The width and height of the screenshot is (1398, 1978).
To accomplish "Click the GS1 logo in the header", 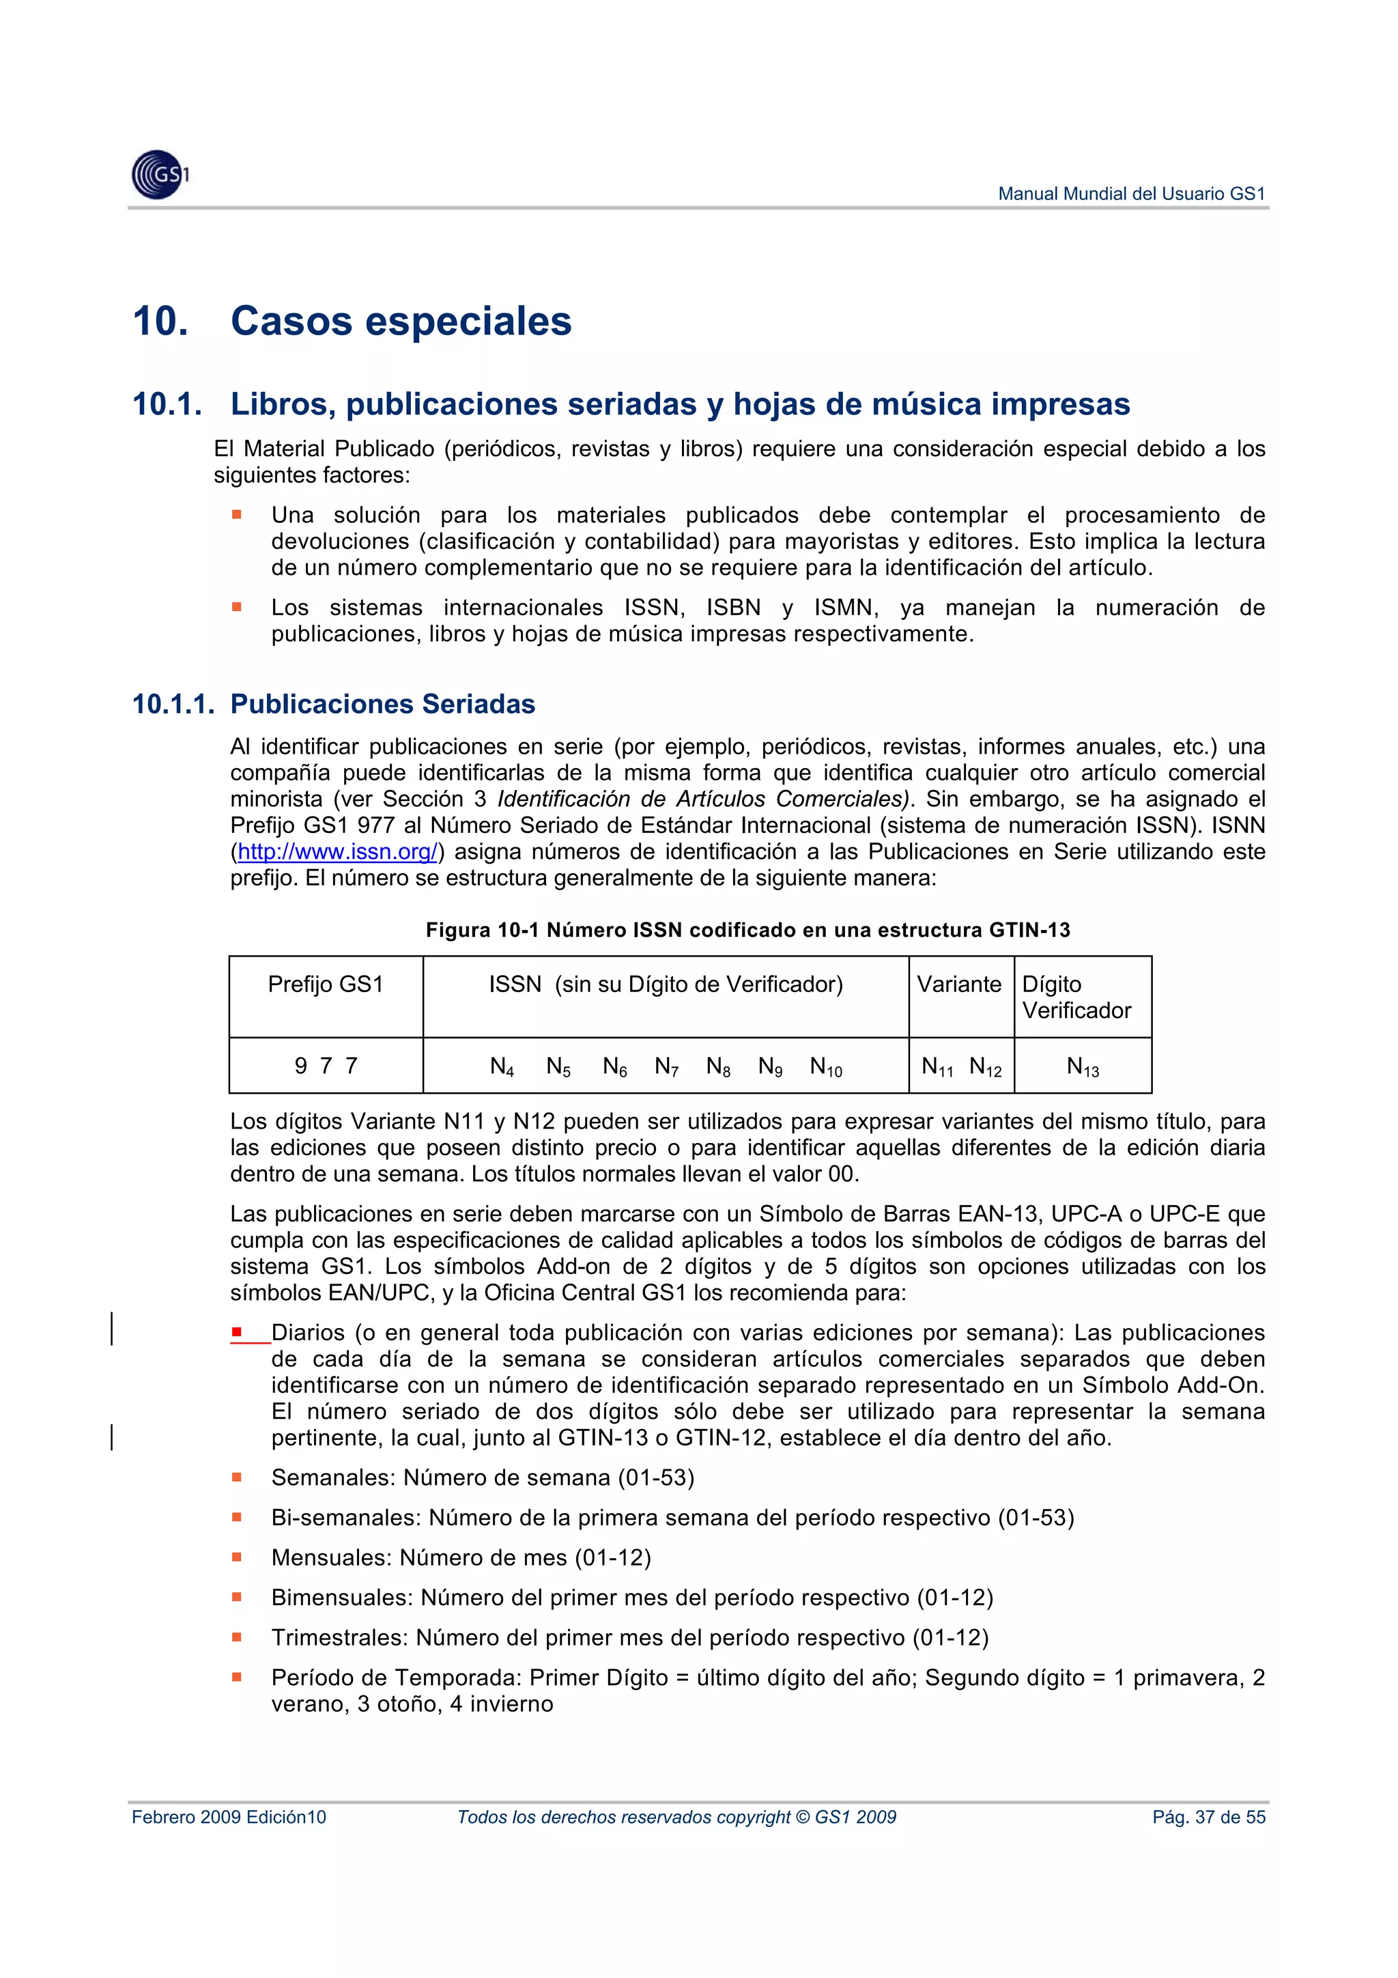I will coord(159,175).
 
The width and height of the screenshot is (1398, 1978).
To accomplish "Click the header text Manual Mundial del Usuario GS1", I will coord(1130,194).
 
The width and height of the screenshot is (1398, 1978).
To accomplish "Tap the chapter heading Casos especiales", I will coord(401,322).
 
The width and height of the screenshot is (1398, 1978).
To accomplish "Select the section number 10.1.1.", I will coord(172,704).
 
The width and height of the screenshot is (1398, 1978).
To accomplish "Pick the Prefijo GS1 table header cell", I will coord(326,984).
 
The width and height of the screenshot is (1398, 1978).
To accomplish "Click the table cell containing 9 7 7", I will coord(326,1066).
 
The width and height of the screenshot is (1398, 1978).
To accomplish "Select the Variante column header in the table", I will coord(958,984).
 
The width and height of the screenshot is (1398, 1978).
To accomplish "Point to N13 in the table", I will coord(1082,1066).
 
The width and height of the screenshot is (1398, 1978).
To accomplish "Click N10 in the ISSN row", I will coord(825,1066).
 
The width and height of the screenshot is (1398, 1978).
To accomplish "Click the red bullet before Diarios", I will coord(236,1332).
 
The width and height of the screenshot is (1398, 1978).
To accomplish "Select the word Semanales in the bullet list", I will coord(332,1478).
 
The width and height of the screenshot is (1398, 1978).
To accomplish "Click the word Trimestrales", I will coord(339,1638).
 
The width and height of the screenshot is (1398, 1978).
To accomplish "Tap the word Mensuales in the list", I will coord(331,1557).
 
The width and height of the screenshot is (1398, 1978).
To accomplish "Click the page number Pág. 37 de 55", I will coord(1208,1817).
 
